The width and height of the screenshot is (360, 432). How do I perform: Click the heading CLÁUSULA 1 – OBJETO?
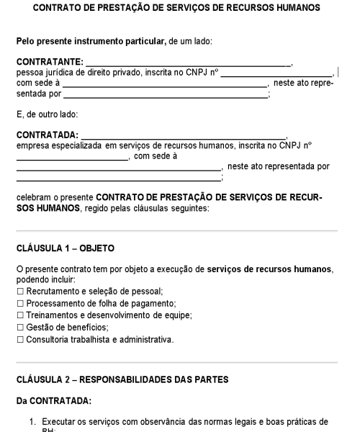[66, 249]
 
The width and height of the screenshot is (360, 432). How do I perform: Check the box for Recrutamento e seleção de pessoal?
[20, 291]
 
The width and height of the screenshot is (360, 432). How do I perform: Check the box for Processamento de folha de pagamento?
[20, 303]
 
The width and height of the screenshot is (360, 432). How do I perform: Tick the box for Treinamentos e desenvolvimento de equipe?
[20, 315]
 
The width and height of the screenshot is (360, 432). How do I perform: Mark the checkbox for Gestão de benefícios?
[20, 328]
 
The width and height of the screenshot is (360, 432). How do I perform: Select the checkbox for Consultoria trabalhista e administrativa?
[20, 340]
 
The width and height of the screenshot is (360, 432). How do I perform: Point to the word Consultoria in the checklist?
[48, 340]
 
